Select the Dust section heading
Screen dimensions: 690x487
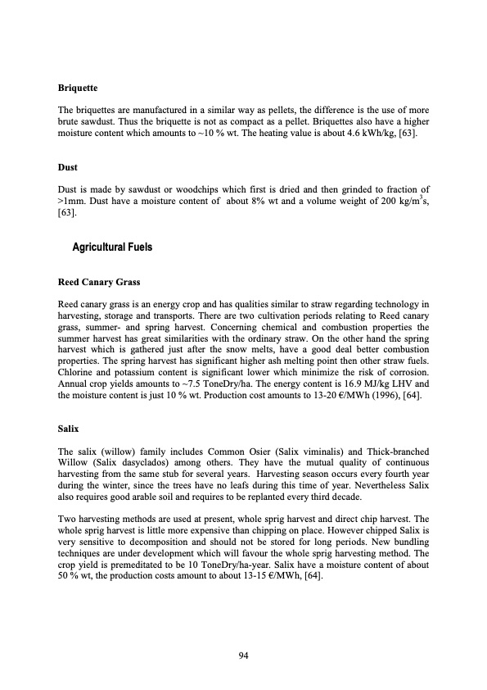point(66,167)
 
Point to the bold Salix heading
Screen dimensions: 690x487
point(68,428)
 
